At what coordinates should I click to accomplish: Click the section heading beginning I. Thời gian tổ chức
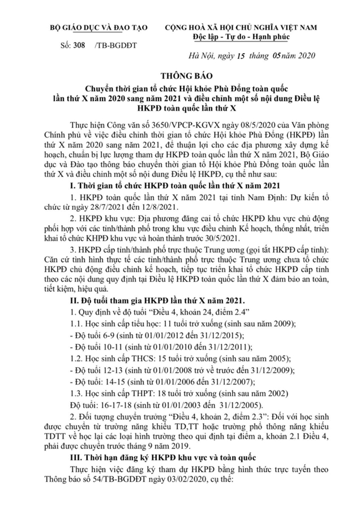click(x=180, y=186)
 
